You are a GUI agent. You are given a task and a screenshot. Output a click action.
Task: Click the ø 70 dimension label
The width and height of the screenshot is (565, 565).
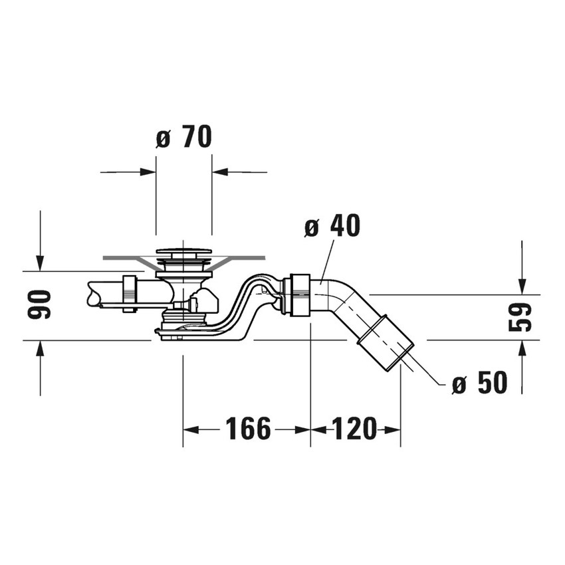[x=184, y=137]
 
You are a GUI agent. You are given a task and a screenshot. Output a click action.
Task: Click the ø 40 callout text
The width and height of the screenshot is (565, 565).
[x=332, y=227]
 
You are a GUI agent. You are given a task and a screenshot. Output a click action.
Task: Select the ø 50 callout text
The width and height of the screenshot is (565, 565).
[x=479, y=383]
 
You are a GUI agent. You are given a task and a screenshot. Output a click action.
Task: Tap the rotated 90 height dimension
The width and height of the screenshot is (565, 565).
[x=41, y=304]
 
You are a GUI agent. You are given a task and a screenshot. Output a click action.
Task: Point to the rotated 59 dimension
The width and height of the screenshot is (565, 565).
[x=522, y=316]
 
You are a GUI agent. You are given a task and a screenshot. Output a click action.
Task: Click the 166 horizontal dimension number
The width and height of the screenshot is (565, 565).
[x=248, y=429]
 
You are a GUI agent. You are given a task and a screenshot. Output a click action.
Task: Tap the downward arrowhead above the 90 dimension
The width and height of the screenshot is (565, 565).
[x=41, y=264]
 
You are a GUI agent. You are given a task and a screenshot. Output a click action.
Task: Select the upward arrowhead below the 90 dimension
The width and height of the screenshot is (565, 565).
[x=41, y=347]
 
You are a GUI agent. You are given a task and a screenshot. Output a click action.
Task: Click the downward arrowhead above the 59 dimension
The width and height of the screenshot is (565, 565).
[x=522, y=286]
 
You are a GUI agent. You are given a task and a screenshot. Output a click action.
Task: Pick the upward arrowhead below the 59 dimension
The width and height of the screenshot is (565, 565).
[x=522, y=347]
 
